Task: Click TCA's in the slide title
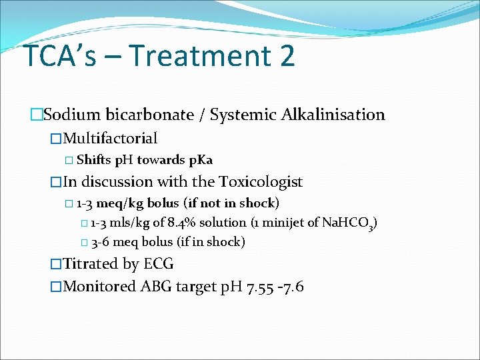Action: [x=59, y=55]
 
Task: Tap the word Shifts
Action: [x=94, y=160]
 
